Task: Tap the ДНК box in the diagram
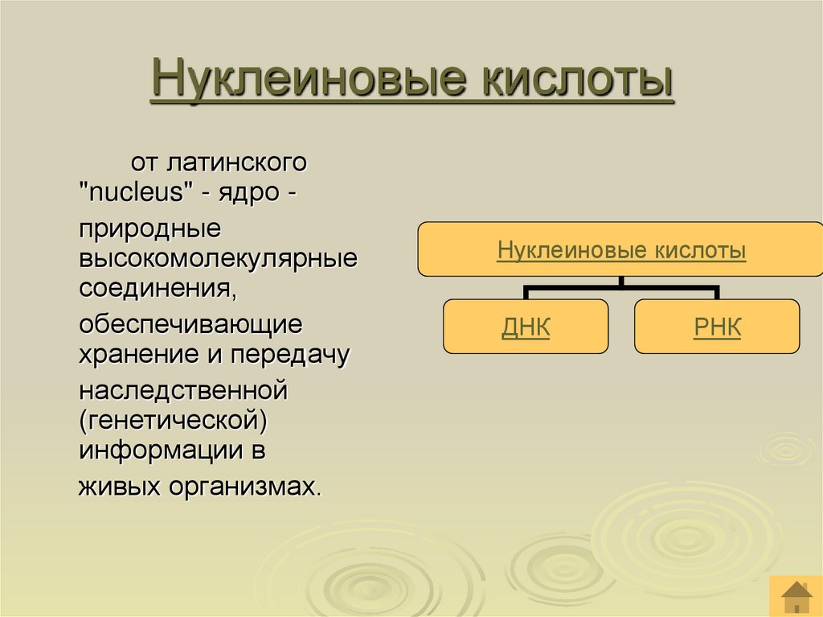(526, 327)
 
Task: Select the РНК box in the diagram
(717, 327)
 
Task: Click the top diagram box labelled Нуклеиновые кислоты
(621, 250)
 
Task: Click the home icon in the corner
(796, 596)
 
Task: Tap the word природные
(149, 228)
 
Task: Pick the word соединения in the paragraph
(158, 287)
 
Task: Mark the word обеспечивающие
(190, 325)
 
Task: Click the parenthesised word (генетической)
(172, 420)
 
